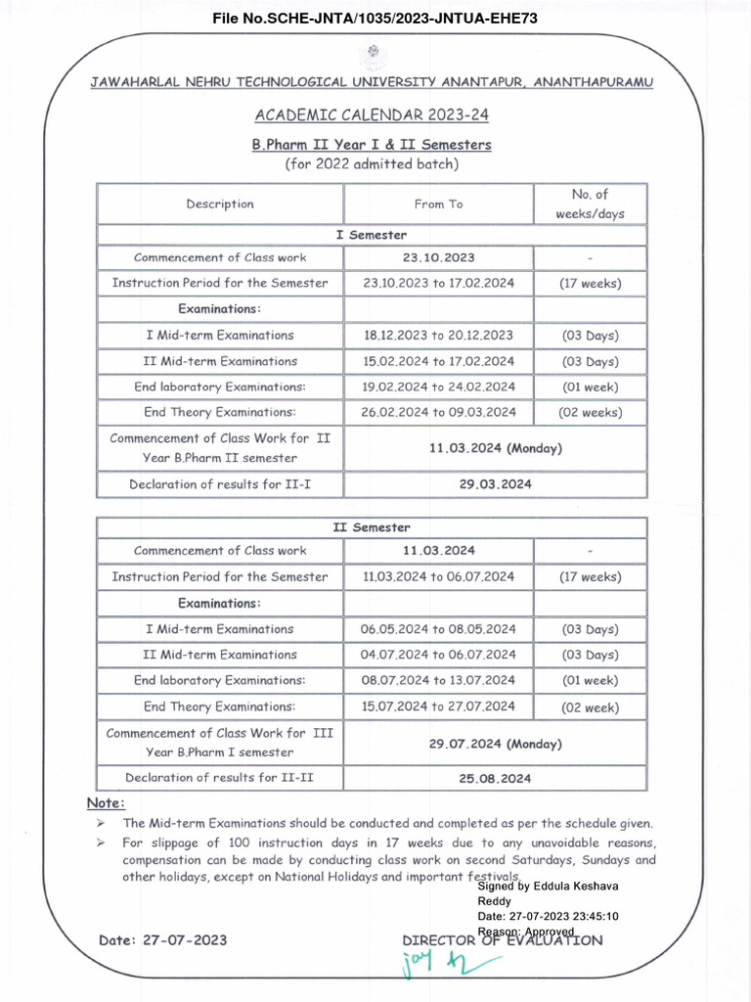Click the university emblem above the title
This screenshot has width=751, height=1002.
click(x=373, y=54)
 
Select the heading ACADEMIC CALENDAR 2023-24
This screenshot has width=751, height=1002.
click(x=372, y=115)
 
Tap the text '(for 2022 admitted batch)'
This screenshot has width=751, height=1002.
click(x=372, y=164)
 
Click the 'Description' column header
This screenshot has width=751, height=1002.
click(x=220, y=205)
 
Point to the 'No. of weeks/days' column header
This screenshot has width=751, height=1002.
click(x=590, y=204)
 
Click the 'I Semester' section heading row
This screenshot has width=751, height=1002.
click(x=372, y=235)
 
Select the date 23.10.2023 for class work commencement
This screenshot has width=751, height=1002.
click(x=438, y=258)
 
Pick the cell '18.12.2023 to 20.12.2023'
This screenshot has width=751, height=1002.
click(x=438, y=336)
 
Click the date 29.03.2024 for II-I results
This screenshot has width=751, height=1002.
click(x=495, y=484)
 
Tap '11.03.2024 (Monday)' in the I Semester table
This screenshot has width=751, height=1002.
click(x=495, y=449)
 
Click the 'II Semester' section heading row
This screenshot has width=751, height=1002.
click(x=372, y=527)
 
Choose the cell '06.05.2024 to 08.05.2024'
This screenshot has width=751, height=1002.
click(x=438, y=629)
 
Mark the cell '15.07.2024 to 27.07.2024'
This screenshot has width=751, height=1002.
click(x=438, y=706)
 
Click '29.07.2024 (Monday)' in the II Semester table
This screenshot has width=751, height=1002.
click(x=495, y=744)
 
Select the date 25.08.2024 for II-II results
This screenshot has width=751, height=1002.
click(x=495, y=779)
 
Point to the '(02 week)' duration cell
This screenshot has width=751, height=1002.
click(x=590, y=706)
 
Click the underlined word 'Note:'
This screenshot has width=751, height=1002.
click(x=106, y=803)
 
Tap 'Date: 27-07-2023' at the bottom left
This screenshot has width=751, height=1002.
click(x=162, y=940)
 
